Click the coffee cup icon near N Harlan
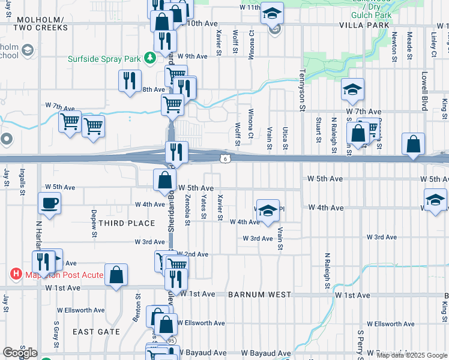point(49,203)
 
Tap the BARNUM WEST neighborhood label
point(259,295)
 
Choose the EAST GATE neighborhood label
point(97,331)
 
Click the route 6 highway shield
point(224,158)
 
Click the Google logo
point(20,353)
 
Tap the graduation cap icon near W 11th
point(273,13)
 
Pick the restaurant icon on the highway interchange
point(177,151)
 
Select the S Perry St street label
point(361,342)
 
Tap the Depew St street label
point(94,223)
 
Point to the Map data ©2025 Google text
point(412,355)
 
